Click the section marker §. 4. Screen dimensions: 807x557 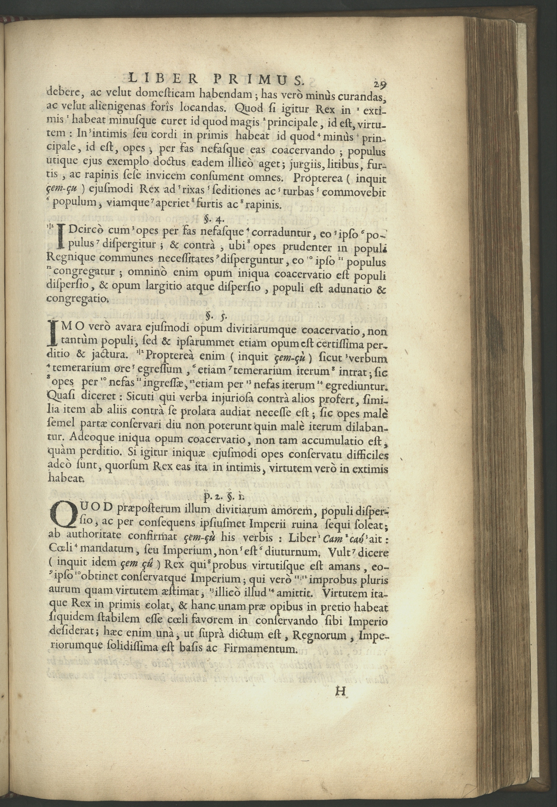pos(211,220)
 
